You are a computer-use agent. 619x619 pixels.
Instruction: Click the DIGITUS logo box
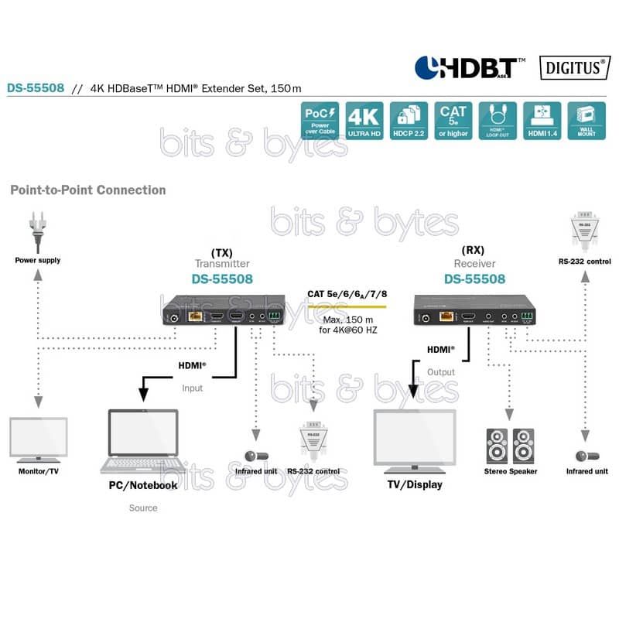pyautogui.click(x=573, y=67)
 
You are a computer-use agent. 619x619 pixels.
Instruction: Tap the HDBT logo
pyautogui.click(x=469, y=67)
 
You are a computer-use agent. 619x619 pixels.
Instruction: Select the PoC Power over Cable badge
pyautogui.click(x=320, y=121)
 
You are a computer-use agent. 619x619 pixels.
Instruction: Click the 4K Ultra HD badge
pyautogui.click(x=364, y=121)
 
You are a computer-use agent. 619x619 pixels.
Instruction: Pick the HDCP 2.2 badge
pyautogui.click(x=409, y=121)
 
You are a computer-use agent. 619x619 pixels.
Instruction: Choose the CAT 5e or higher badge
pyautogui.click(x=453, y=121)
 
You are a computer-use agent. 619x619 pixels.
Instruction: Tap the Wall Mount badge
pyautogui.click(x=586, y=121)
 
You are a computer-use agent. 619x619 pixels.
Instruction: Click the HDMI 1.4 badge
pyautogui.click(x=542, y=121)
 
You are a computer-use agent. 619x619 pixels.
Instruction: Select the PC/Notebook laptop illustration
pyautogui.click(x=143, y=442)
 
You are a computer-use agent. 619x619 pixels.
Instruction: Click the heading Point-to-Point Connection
pyautogui.click(x=87, y=190)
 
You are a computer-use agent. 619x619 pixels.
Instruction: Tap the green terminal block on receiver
pyautogui.click(x=527, y=316)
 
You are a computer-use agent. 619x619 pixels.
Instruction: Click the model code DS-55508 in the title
pyautogui.click(x=36, y=87)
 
